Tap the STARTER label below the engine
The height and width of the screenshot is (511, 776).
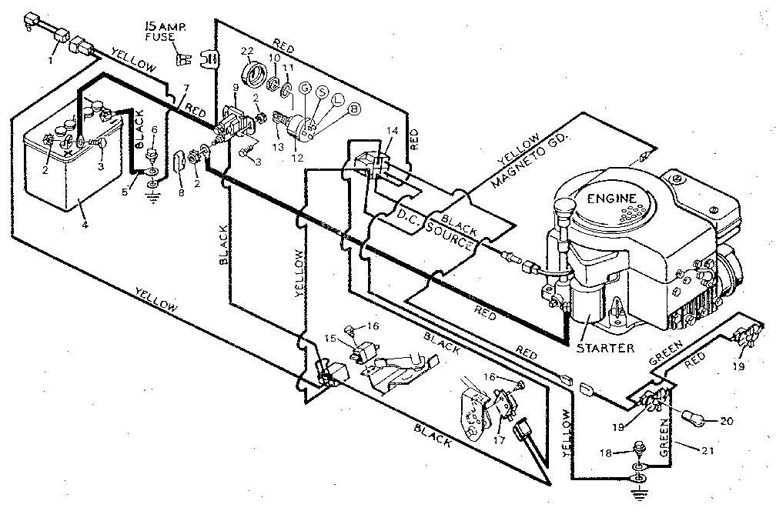pyautogui.click(x=605, y=348)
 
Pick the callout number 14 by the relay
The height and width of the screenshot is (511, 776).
pyautogui.click(x=393, y=132)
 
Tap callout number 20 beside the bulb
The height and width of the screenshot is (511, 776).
pyautogui.click(x=727, y=421)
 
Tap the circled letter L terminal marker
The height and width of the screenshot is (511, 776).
pyautogui.click(x=337, y=100)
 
